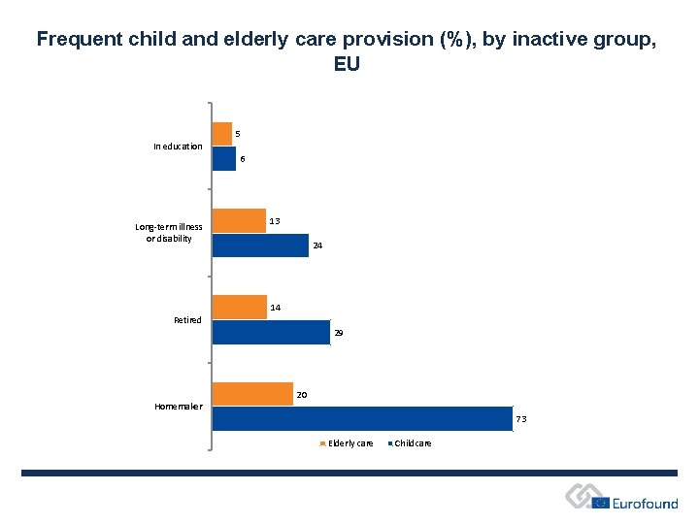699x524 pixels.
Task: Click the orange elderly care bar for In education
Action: click(222, 134)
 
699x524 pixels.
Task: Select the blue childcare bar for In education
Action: click(224, 159)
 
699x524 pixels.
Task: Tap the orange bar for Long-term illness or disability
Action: click(239, 220)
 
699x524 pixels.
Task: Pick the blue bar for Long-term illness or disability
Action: click(260, 246)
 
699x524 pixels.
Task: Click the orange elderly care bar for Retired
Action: click(240, 307)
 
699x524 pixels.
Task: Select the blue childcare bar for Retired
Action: click(271, 333)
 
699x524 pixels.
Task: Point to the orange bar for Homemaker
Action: click(252, 393)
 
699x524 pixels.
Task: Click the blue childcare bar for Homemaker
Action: click(361, 418)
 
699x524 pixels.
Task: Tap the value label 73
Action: click(521, 419)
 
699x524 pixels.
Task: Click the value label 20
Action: click(302, 395)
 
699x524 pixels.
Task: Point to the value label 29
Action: click(338, 333)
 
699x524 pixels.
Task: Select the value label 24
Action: click(316, 246)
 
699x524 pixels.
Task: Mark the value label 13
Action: click(275, 221)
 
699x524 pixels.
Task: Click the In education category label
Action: click(178, 147)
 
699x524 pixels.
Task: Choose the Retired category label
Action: click(187, 320)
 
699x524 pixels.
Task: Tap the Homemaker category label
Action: click(179, 407)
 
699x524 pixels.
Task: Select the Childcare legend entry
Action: click(413, 443)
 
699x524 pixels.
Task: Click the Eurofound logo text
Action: click(645, 504)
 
